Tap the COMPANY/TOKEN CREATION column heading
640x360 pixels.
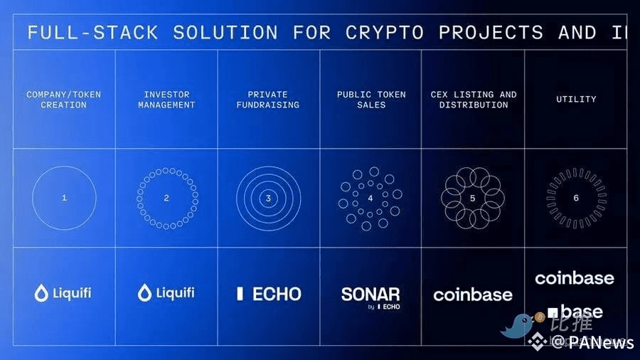click(x=63, y=100)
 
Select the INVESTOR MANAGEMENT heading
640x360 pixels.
click(x=166, y=100)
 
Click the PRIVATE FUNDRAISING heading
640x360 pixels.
click(x=268, y=100)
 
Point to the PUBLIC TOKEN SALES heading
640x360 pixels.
click(x=370, y=100)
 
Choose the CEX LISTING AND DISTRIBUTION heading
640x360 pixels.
click(x=473, y=100)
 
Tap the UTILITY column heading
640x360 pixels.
click(x=575, y=100)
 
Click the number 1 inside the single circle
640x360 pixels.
click(x=64, y=198)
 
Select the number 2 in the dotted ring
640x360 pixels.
click(x=166, y=198)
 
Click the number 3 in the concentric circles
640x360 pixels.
click(x=268, y=198)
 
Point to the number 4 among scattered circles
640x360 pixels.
click(x=370, y=198)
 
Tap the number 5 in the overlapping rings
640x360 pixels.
click(x=473, y=198)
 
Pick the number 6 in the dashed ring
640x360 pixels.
click(x=576, y=198)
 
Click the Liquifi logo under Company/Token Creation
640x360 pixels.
click(x=63, y=292)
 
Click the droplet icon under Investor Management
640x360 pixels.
click(x=145, y=292)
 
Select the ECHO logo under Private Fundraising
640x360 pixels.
click(x=268, y=293)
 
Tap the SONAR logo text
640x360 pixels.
click(x=370, y=294)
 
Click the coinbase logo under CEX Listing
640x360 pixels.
click(x=473, y=294)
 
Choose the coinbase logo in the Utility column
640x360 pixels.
click(x=575, y=277)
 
